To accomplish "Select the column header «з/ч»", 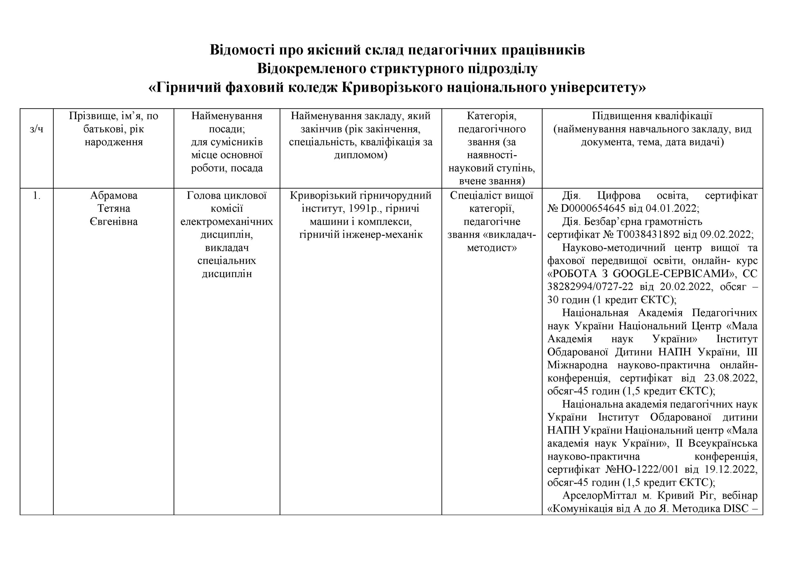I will pyautogui.click(x=36, y=129).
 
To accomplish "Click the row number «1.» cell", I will pyautogui.click(x=36, y=196).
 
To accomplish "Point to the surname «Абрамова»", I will pyautogui.click(x=114, y=196).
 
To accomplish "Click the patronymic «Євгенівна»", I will pyautogui.click(x=114, y=222).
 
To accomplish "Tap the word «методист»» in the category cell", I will pyautogui.click(x=492, y=248).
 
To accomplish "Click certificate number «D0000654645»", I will pyautogui.click(x=589, y=209).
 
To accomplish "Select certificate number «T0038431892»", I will pyautogui.click(x=647, y=235).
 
